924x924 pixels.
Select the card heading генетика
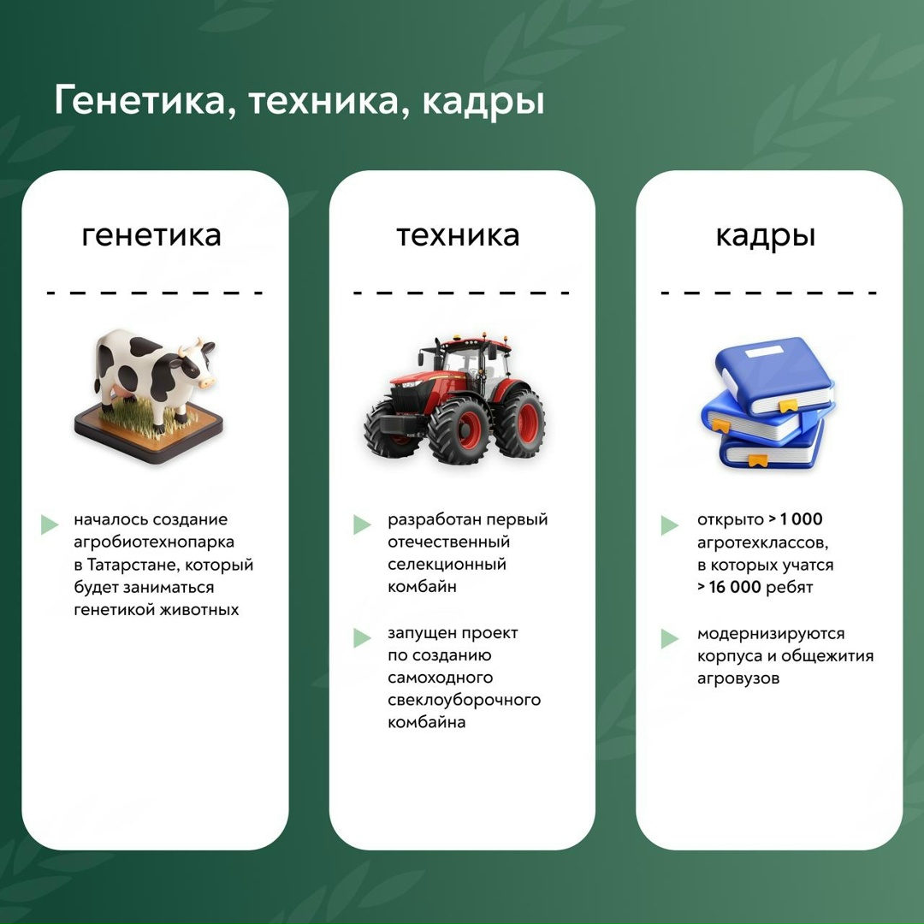pyautogui.click(x=151, y=234)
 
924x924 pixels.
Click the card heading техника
pyautogui.click(x=458, y=234)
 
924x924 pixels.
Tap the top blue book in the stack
pyautogui.click(x=774, y=377)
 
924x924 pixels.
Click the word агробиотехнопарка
pyautogui.click(x=154, y=542)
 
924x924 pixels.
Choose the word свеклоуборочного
pyautogui.click(x=464, y=700)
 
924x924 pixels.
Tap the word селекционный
pyautogui.click(x=447, y=565)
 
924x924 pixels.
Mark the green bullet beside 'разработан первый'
pyautogui.click(x=362, y=524)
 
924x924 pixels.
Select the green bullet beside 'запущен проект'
pyautogui.click(x=362, y=637)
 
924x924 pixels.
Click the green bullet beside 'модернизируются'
pyautogui.click(x=669, y=638)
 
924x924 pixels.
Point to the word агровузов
pyautogui.click(x=737, y=678)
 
